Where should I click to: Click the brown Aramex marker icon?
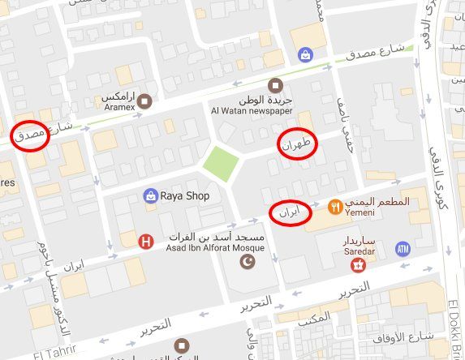[x=144, y=101]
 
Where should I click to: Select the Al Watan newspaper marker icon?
[x=275, y=85]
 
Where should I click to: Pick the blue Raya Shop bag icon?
[x=150, y=195]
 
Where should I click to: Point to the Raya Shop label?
[x=185, y=196]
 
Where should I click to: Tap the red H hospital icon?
[x=146, y=240]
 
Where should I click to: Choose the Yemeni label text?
[x=360, y=213]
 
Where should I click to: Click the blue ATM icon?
[x=403, y=249]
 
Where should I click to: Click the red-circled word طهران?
[x=295, y=144]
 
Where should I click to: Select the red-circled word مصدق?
[x=31, y=136]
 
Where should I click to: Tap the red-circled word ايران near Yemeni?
[x=290, y=212]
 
